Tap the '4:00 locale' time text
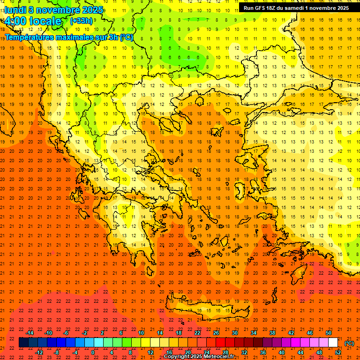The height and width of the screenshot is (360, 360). [x=33, y=21]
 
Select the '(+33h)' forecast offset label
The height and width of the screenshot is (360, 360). [x=81, y=21]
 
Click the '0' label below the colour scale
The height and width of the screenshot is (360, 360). [x=93, y=352]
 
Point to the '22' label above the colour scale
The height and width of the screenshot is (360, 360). [x=197, y=333]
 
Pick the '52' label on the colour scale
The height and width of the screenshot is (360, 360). [x=338, y=352]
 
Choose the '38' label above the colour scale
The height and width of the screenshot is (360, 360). [x=272, y=333]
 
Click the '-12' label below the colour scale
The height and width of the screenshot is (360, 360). [x=39, y=352]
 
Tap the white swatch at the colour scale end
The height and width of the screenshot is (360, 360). [x=333, y=343]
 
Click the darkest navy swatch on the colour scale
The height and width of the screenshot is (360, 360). [x=23, y=343]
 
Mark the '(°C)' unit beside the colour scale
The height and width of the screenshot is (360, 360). [x=349, y=343]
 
